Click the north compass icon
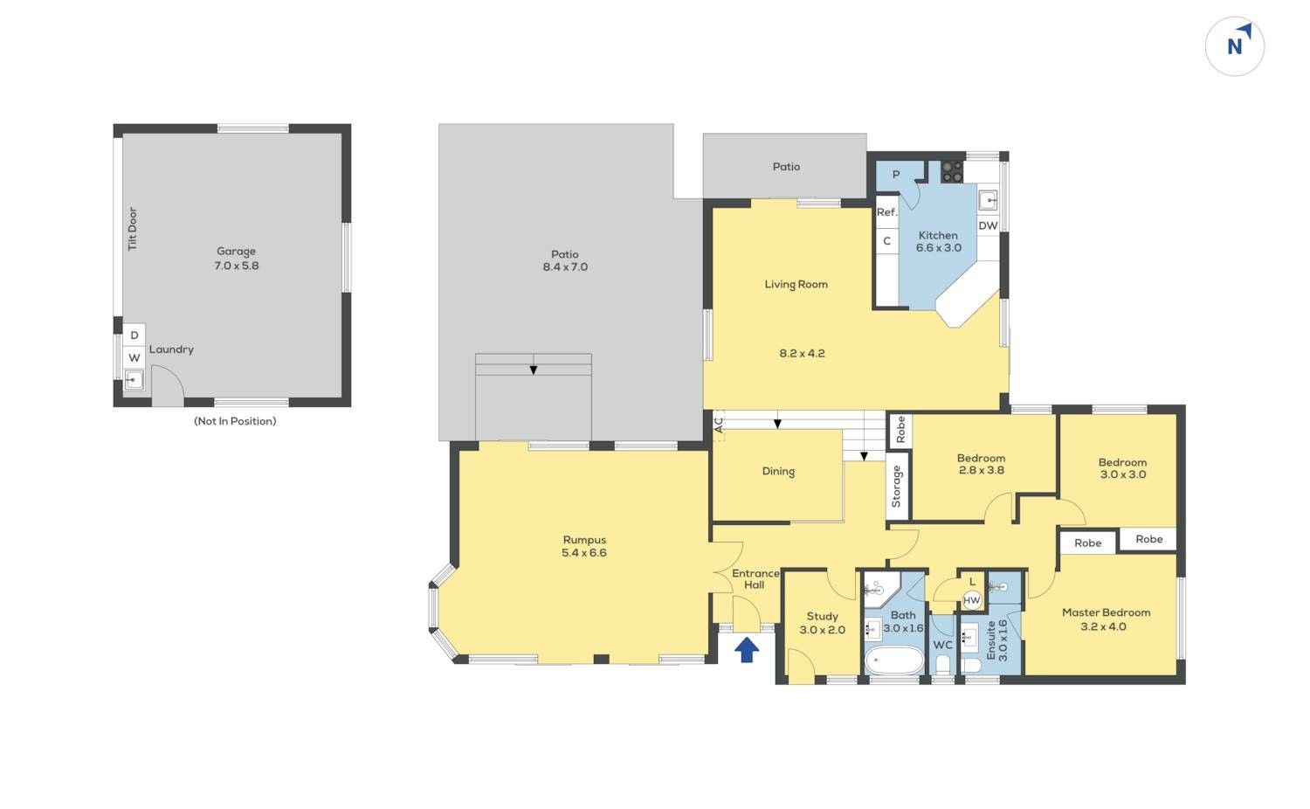click(x=1235, y=46)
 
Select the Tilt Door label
click(x=133, y=229)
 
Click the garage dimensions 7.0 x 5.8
click(x=237, y=266)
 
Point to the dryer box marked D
click(x=134, y=335)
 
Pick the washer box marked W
click(x=134, y=358)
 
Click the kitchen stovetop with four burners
click(x=952, y=172)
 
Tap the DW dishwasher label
click(x=989, y=225)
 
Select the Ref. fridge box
click(x=886, y=212)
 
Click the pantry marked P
click(x=895, y=175)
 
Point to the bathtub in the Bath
click(x=894, y=660)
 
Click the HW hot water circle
click(x=971, y=600)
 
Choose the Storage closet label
click(x=896, y=487)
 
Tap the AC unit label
click(x=719, y=424)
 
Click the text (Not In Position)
click(x=235, y=421)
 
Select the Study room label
click(x=823, y=617)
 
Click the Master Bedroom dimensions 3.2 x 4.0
click(x=1103, y=626)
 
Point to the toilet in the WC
click(x=942, y=664)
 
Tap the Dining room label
click(x=778, y=472)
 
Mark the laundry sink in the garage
click(x=134, y=380)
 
